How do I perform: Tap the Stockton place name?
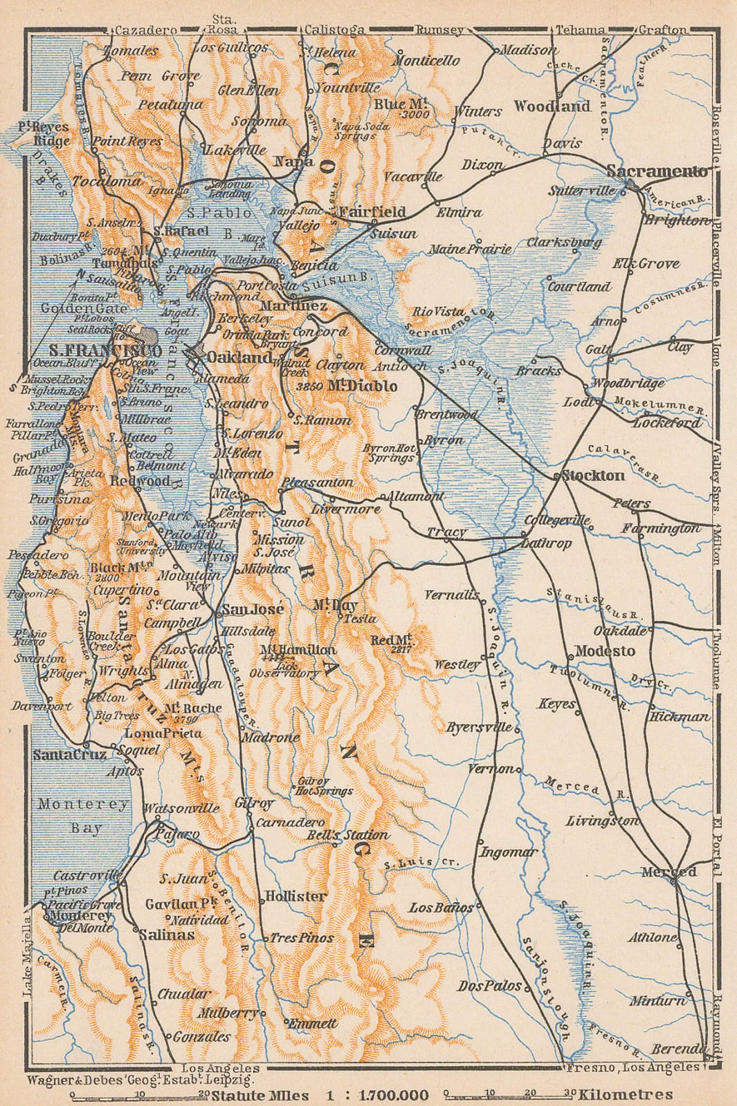click(x=594, y=476)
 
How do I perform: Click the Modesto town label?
click(x=605, y=651)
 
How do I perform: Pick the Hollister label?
click(x=295, y=896)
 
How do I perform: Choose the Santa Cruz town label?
click(x=70, y=754)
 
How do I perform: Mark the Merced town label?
click(x=668, y=872)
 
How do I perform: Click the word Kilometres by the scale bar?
click(x=626, y=1094)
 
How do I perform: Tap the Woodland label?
click(x=552, y=106)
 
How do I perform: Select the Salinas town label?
click(x=166, y=935)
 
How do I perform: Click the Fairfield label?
click(x=371, y=212)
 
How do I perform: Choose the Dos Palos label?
click(x=489, y=986)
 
